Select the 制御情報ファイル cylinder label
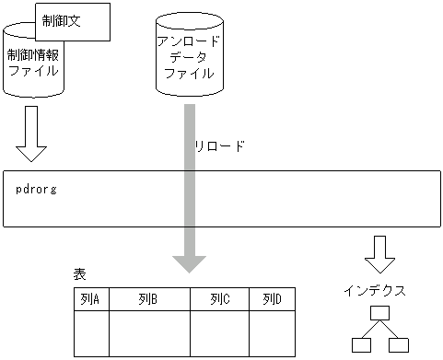33,63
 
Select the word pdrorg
38,189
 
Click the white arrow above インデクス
379,250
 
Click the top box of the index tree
379,314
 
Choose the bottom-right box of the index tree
398,346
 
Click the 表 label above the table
80,274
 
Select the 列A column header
91,299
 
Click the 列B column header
149,299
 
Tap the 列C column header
219,299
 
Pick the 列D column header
272,299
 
